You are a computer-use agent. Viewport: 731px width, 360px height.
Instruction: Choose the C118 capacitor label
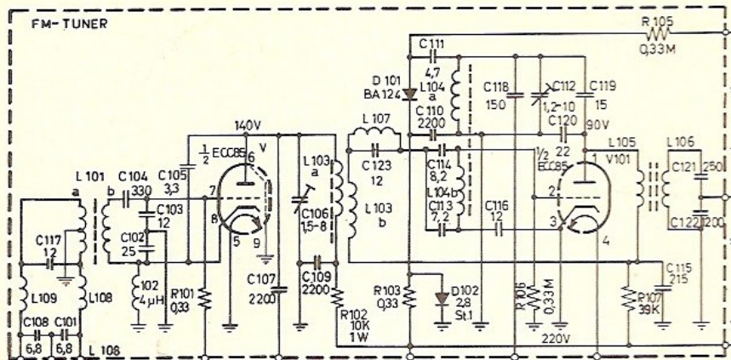pos(496,85)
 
